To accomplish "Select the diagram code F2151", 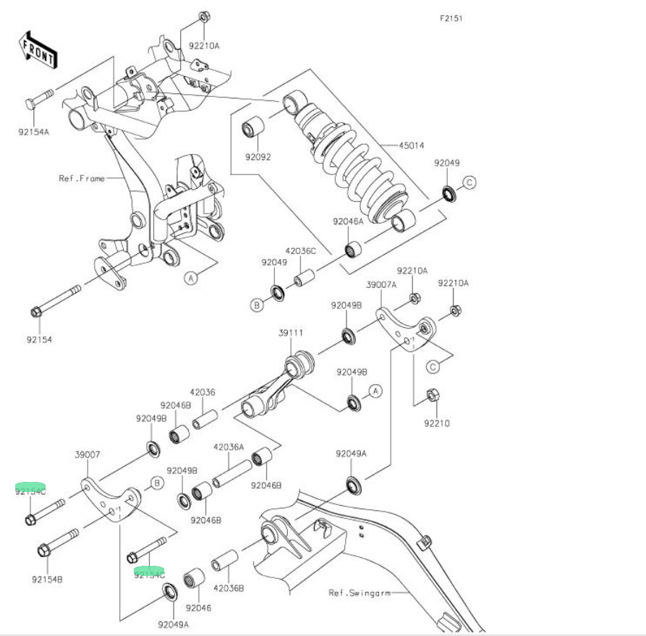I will (451, 18).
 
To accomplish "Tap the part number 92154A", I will (35, 132).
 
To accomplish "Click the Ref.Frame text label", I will (82, 177).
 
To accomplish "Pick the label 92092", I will (258, 156).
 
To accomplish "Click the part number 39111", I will (291, 333).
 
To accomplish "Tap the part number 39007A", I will (381, 285).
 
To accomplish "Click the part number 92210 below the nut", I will (437, 423).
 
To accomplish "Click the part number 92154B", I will (47, 579).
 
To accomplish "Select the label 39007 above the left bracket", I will (87, 455).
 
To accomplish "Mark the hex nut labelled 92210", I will (431, 395).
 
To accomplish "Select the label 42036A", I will (229, 447).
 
